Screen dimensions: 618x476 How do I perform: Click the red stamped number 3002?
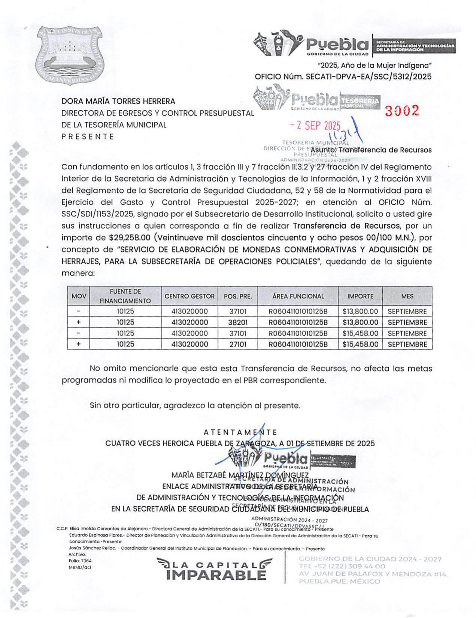(x=402, y=111)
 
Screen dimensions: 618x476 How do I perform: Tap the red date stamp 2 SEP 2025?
(x=315, y=126)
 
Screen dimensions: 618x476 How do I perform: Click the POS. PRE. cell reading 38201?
(x=238, y=322)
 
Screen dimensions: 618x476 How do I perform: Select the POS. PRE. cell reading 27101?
(x=238, y=344)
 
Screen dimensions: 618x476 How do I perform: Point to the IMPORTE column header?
(x=360, y=296)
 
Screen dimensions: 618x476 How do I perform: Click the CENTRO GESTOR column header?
(x=190, y=296)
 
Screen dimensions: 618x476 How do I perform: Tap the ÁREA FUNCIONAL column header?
(x=298, y=296)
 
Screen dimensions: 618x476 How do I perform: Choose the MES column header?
(x=407, y=296)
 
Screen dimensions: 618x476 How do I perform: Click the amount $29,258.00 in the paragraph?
(x=130, y=238)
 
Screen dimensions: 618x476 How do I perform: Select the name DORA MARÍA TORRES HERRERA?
(x=118, y=101)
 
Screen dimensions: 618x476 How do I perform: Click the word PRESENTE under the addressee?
(x=88, y=136)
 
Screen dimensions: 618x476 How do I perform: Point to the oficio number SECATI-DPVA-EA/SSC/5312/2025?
(x=369, y=77)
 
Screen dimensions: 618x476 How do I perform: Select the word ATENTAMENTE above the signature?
(x=240, y=432)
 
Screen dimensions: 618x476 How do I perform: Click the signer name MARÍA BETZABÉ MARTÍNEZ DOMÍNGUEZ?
(x=240, y=475)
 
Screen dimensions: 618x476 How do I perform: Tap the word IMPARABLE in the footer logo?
(x=216, y=575)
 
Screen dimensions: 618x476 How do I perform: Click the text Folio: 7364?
(x=80, y=561)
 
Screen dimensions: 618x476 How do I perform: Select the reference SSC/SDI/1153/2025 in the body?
(x=97, y=214)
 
